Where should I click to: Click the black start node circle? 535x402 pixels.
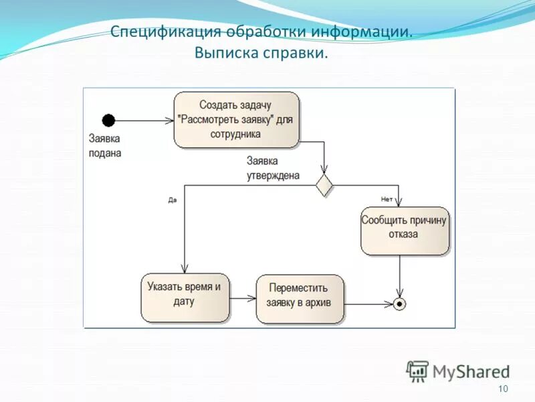pos(108,121)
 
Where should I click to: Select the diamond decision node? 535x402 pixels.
pos(324,184)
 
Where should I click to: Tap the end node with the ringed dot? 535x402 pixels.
pos(399,304)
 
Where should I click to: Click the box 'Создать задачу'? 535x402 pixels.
pos(236,120)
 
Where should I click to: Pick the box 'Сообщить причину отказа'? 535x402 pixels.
pos(405,230)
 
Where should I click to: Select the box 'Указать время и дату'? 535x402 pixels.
pos(185,297)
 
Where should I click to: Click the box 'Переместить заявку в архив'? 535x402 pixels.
pos(300,299)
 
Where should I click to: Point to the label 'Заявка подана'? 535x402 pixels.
pos(105,146)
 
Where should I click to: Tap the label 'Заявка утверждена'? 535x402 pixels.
pos(272,168)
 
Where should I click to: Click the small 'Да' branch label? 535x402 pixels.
pos(172,200)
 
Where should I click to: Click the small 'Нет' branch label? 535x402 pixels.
pos(386,198)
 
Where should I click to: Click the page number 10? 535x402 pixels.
pos(504,389)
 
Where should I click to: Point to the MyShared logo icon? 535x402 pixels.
pos(417,371)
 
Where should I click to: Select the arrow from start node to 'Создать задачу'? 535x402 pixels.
pos(144,121)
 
